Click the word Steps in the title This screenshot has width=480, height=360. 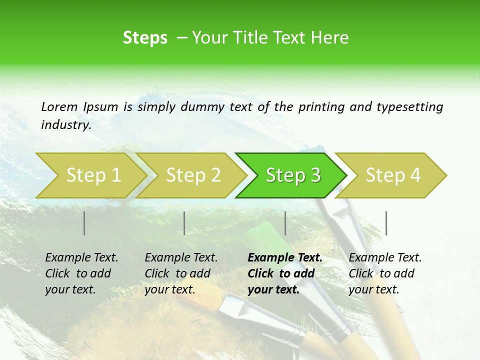pyautogui.click(x=145, y=38)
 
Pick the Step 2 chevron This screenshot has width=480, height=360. pyautogui.click(x=193, y=175)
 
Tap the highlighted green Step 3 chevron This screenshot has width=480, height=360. pyautogui.click(x=293, y=175)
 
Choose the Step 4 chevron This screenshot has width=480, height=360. pyautogui.click(x=393, y=175)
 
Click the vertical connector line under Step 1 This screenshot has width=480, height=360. pyautogui.click(x=84, y=223)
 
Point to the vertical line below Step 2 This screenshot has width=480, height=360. pyautogui.click(x=184, y=223)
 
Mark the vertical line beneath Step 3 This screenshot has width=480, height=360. pyautogui.click(x=285, y=223)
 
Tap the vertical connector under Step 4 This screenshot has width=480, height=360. pyautogui.click(x=386, y=223)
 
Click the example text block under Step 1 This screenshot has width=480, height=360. pyautogui.click(x=81, y=273)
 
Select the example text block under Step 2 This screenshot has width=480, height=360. pyautogui.click(x=180, y=273)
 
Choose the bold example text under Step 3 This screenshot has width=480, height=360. pyautogui.click(x=284, y=273)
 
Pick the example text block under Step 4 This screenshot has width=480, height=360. pyautogui.click(x=384, y=273)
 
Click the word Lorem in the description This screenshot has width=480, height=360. pyautogui.click(x=59, y=106)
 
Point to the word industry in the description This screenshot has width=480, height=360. pyautogui.click(x=66, y=125)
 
